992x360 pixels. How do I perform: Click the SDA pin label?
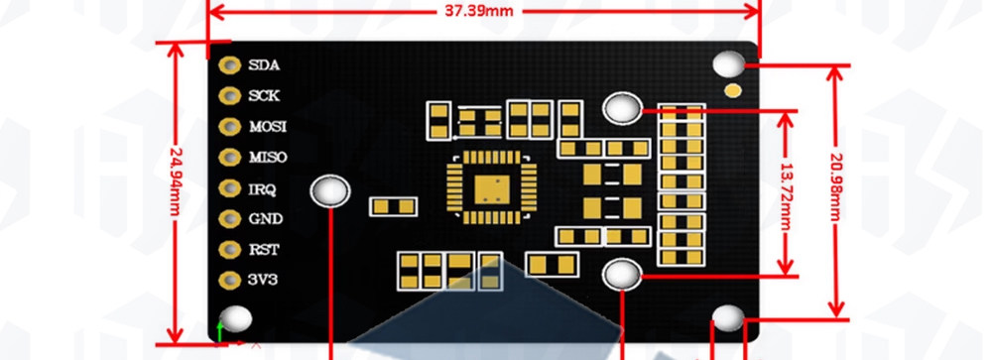264,65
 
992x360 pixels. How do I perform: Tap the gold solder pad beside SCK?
230,95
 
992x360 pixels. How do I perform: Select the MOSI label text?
268,127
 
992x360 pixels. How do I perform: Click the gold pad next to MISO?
230,157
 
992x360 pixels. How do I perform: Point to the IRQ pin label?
262,188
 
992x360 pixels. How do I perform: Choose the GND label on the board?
266,219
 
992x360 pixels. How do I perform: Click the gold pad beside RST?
230,249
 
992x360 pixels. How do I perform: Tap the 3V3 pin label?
263,280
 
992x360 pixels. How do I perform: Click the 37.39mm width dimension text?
479,11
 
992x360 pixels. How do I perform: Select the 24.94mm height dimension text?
176,180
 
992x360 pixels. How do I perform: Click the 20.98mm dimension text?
835,187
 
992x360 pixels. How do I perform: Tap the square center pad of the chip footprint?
492,189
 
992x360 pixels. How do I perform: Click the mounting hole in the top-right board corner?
729,64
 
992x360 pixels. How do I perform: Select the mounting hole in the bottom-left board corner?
235,319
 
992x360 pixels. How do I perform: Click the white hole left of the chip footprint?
329,190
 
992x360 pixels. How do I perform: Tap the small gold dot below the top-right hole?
733,91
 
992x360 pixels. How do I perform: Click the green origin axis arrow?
220,331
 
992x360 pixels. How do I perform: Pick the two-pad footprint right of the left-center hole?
393,206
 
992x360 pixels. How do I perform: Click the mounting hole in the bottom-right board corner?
728,318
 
